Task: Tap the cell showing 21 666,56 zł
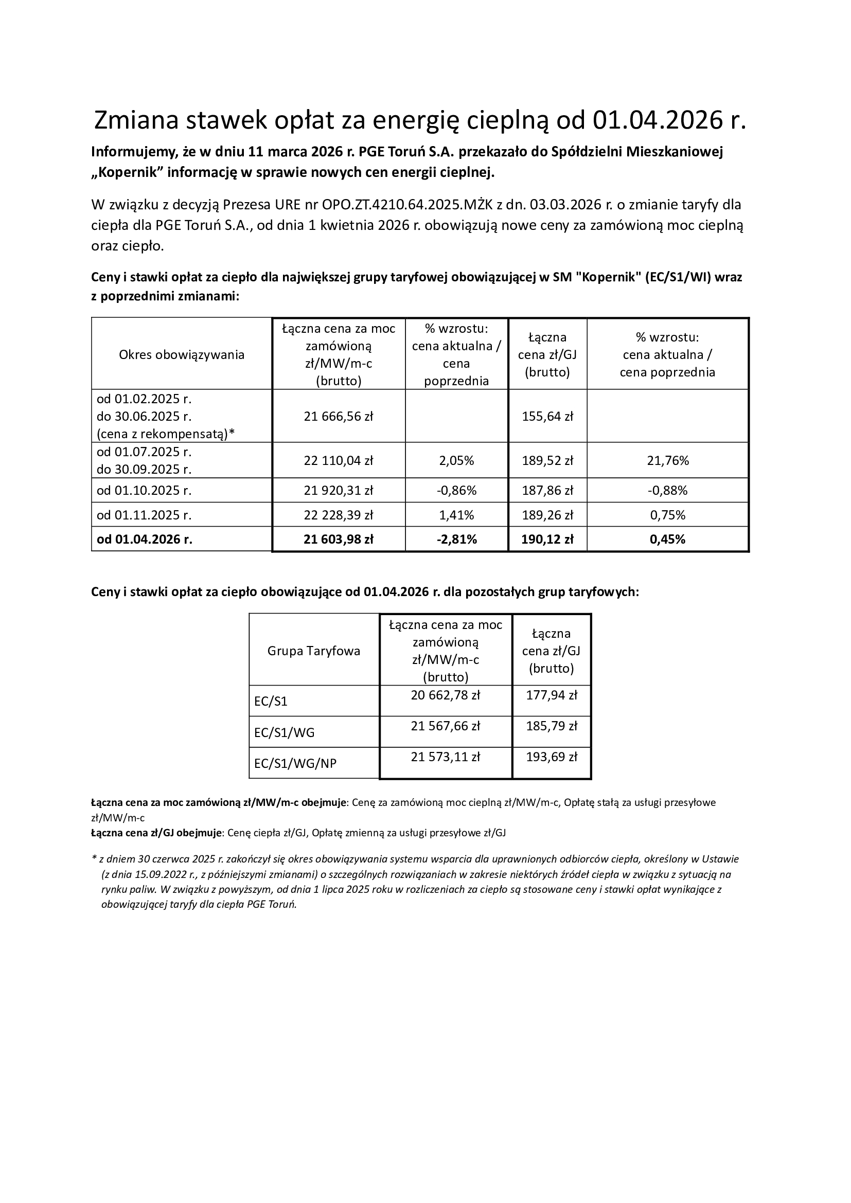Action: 339,417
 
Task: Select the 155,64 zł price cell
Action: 547,417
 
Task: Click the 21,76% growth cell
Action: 667,460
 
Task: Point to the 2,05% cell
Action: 456,460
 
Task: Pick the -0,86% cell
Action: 456,491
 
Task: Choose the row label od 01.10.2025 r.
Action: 144,491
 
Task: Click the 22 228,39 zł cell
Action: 339,515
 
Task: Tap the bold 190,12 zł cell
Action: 547,539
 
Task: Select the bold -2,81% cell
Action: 456,539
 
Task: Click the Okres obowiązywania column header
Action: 182,355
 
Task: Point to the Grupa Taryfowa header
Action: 314,651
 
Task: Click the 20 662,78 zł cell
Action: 446,695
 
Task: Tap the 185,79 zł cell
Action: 551,726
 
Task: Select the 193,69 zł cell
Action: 551,757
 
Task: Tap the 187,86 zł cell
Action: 547,491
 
